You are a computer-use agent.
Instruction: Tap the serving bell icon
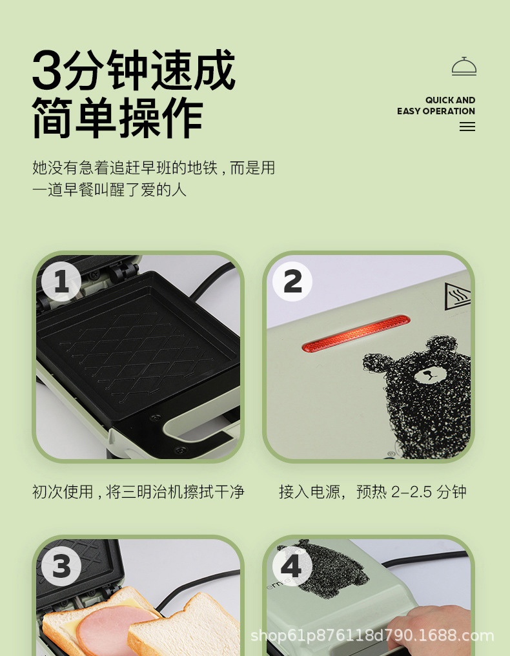(x=464, y=67)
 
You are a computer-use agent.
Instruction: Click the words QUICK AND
(x=450, y=100)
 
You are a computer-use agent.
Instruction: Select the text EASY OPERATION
(x=436, y=111)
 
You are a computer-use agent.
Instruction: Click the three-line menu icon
(x=467, y=127)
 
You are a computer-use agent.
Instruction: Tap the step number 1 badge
(x=61, y=282)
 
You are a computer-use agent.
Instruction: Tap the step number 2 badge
(x=292, y=282)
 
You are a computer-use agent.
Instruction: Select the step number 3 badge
(x=61, y=566)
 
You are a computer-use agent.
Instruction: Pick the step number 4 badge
(x=292, y=566)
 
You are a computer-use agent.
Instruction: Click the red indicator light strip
(x=356, y=333)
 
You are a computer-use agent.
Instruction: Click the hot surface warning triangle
(x=457, y=296)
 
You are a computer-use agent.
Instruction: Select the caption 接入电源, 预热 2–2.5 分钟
(x=372, y=492)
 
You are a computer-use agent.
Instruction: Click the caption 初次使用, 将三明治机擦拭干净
(x=138, y=492)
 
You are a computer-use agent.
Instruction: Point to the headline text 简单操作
(x=117, y=118)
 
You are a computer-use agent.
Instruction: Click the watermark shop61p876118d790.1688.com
(x=372, y=635)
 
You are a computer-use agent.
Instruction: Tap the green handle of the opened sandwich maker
(x=194, y=426)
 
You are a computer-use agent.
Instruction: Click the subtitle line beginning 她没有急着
(x=154, y=168)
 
